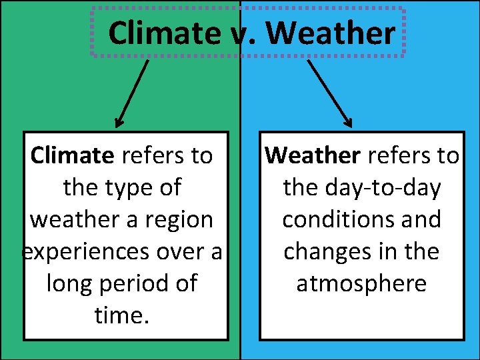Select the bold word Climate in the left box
[73, 156]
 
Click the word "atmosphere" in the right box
[361, 283]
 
